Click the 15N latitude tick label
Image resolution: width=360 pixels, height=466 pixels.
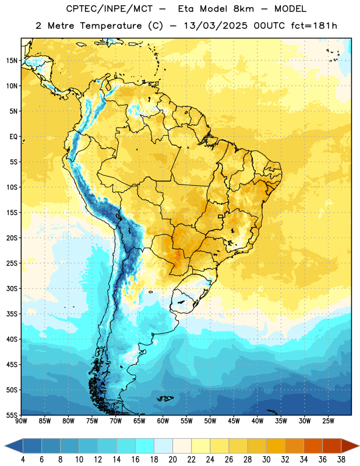click(x=12, y=61)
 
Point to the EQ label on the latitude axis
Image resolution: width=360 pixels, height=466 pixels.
click(x=13, y=137)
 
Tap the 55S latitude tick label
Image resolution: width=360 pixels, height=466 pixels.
click(x=12, y=415)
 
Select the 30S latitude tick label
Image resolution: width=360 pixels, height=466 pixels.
click(x=12, y=288)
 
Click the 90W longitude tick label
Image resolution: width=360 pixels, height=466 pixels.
click(x=21, y=421)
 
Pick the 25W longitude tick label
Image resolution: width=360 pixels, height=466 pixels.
click(x=328, y=421)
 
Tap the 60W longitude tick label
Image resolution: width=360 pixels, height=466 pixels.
click(x=163, y=421)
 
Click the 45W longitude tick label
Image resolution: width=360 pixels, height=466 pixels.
click(x=234, y=421)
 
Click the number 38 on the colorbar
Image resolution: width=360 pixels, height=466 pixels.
click(x=341, y=460)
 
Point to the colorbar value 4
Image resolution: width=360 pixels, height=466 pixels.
click(x=23, y=460)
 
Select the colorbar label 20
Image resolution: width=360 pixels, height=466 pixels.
click(x=172, y=460)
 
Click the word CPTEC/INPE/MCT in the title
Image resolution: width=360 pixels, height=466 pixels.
click(x=109, y=9)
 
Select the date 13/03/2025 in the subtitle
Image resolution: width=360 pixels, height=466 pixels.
click(x=215, y=26)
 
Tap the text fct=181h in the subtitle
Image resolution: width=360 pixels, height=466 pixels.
click(x=314, y=26)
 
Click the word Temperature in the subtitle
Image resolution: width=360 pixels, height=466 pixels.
click(x=111, y=26)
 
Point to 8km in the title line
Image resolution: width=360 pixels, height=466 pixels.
click(x=243, y=9)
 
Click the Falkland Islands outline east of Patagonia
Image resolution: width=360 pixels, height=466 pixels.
click(x=165, y=398)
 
